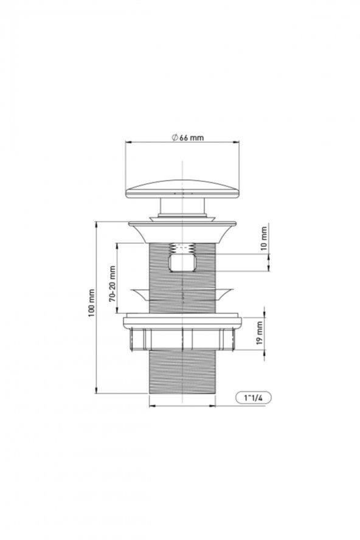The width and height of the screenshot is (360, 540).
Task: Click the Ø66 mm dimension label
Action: pyautogui.click(x=188, y=138)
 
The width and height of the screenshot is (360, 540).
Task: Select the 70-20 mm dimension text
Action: pyautogui.click(x=112, y=283)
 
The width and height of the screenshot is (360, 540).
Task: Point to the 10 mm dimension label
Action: pyautogui.click(x=264, y=238)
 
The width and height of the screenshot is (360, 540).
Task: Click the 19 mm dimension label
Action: pyautogui.click(x=260, y=333)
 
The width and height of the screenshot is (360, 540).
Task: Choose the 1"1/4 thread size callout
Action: pyautogui.click(x=254, y=398)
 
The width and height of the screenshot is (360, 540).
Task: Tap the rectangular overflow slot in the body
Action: pyautogui.click(x=182, y=263)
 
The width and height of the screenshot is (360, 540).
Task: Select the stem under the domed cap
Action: pyautogui.click(x=182, y=207)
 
